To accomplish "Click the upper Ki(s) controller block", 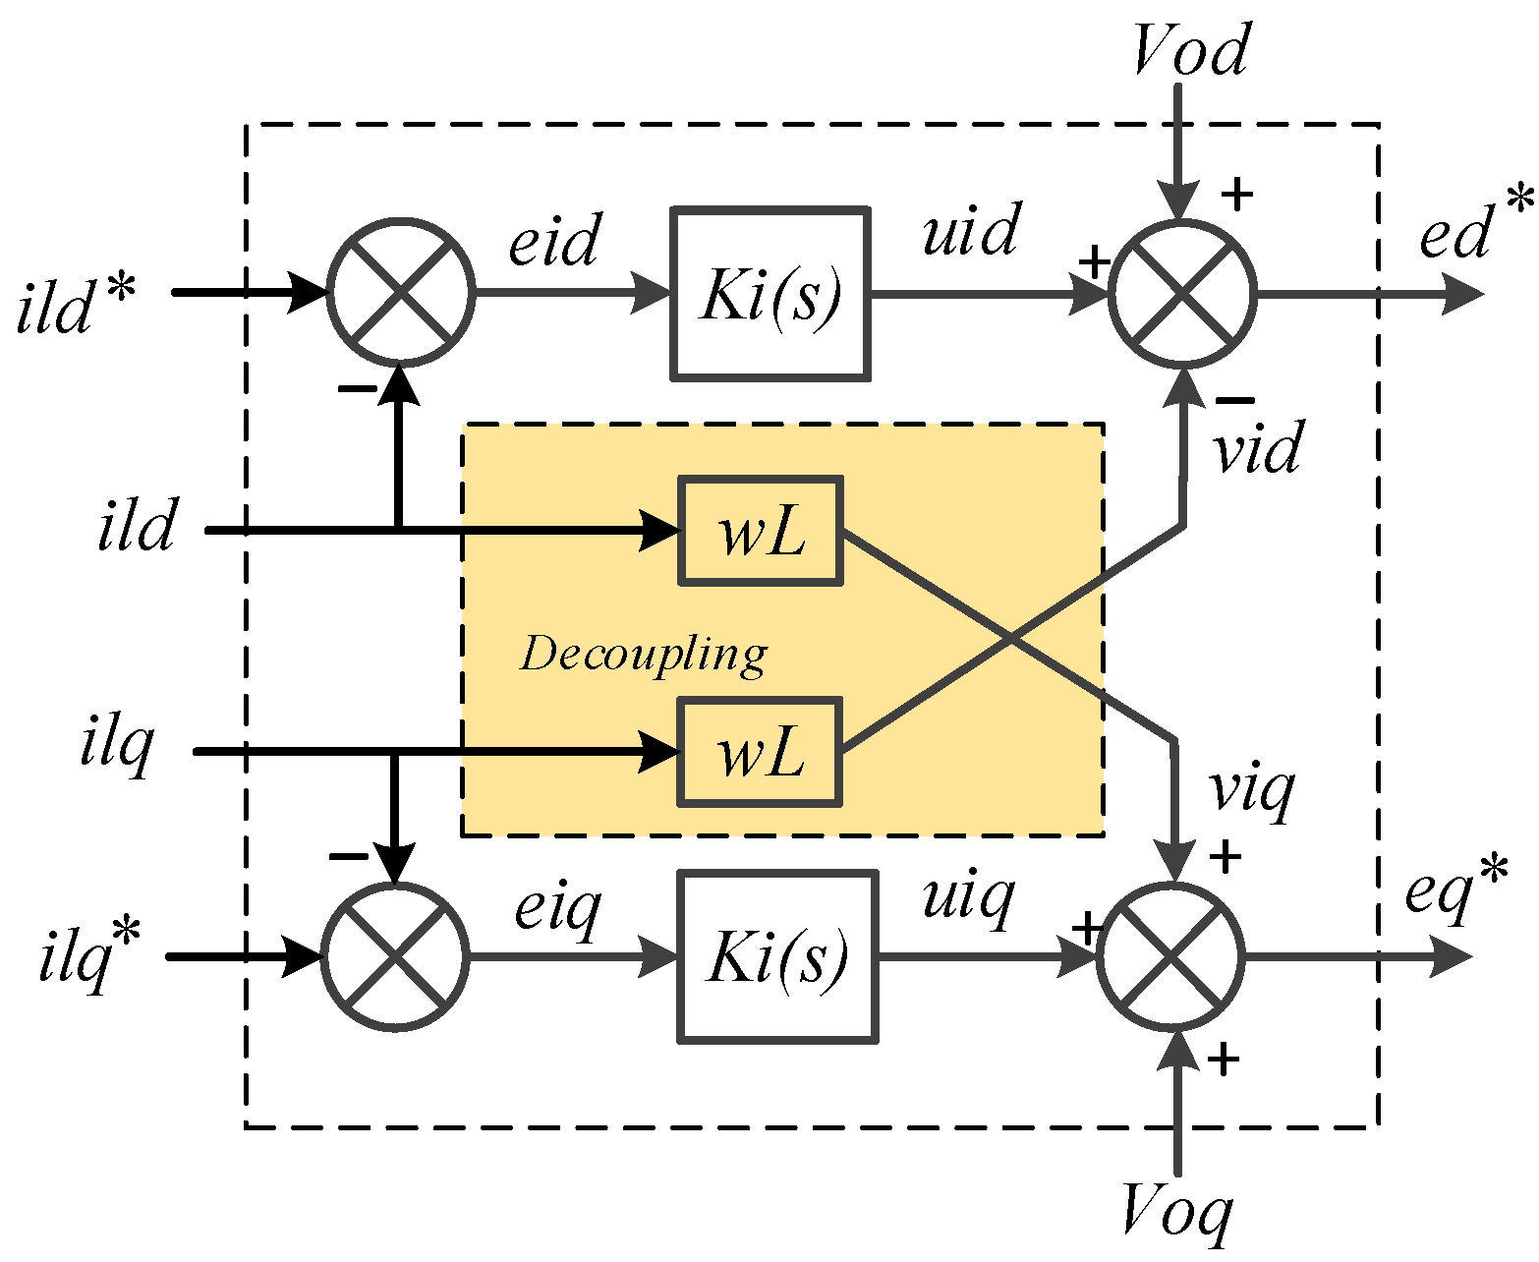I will [x=770, y=293].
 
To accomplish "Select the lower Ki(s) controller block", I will [x=777, y=956].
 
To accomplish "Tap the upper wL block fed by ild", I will [x=761, y=531].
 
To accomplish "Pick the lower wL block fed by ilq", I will [x=760, y=752].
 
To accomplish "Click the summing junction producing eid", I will [x=401, y=293].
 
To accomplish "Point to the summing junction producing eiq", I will [x=395, y=956].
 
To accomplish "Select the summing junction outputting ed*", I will [x=1182, y=293].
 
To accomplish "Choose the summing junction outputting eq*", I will [x=1170, y=956].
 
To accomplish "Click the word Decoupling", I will [x=644, y=655].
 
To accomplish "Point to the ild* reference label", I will [x=76, y=306].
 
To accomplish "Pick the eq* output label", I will [x=1455, y=889].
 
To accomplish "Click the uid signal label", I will [x=971, y=232].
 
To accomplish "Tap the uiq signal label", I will [x=968, y=896].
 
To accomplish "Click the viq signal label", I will [x=1251, y=790].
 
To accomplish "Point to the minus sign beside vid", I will [x=1235, y=400].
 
